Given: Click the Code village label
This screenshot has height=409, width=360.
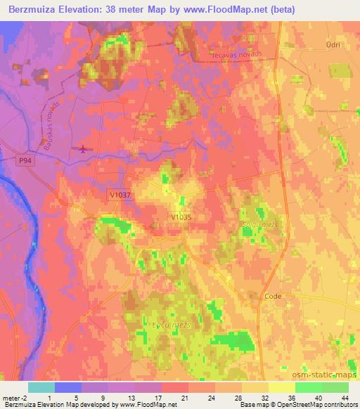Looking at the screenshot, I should pyautogui.click(x=273, y=297).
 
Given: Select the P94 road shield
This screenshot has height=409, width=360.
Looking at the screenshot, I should pyautogui.click(x=25, y=161).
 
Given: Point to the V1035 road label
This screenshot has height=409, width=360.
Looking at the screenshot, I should pyautogui.click(x=181, y=218).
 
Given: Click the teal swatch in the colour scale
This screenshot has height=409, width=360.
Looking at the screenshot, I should pyautogui.click(x=41, y=387).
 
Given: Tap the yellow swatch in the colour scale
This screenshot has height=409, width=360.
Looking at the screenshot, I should pyautogui.click(x=282, y=387).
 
